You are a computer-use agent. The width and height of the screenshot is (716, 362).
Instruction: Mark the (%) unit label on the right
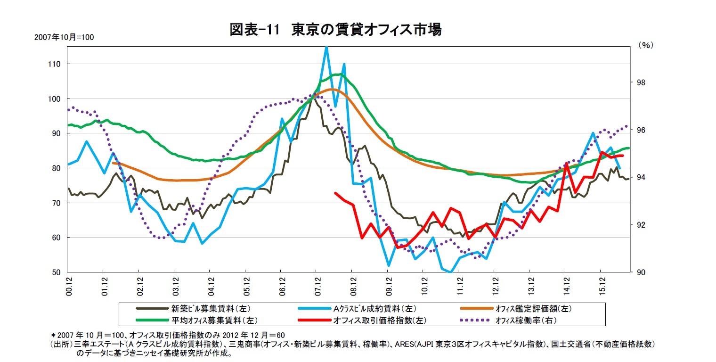pos(646,45)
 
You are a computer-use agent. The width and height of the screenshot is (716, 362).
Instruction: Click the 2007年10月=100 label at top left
pos(64,37)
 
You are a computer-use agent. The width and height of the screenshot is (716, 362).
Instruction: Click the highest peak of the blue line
pos(326,47)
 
